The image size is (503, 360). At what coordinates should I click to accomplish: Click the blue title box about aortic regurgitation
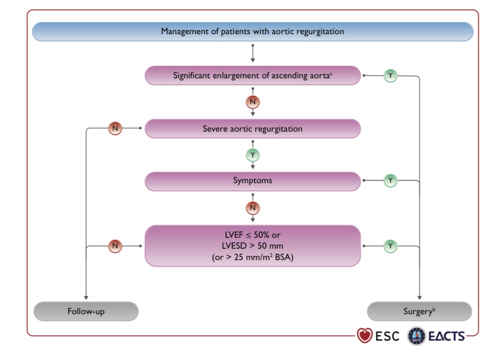coord(253,31)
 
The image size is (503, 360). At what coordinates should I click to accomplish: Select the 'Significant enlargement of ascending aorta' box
coord(253,75)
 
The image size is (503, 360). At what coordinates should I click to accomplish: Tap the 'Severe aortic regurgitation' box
coord(253,128)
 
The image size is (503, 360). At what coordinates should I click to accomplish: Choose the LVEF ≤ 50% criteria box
coord(253,246)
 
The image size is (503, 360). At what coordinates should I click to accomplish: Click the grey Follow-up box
coord(86,311)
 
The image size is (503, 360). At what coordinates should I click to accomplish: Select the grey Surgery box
coord(419,311)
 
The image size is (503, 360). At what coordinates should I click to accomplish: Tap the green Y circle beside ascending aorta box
coord(390,76)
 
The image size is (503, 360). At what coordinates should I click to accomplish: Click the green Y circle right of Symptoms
coord(390,180)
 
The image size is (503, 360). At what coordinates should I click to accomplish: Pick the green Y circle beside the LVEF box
coord(390,246)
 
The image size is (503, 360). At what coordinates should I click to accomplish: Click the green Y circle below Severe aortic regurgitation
coord(253,155)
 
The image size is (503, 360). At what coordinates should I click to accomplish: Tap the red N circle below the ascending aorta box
coord(253,102)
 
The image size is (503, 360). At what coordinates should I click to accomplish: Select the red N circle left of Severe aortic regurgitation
coord(115,128)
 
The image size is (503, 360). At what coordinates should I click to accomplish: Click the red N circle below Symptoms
coord(253,208)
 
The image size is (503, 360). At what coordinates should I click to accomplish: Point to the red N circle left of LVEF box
coord(115,246)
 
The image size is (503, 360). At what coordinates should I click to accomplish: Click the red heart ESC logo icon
coord(365,336)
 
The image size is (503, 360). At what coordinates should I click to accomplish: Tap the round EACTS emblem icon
coord(416,336)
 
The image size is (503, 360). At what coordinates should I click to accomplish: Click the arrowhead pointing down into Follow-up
coord(86,298)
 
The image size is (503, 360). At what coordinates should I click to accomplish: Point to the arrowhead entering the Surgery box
coord(419,298)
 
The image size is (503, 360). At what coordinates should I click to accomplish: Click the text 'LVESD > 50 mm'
coord(253,246)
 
